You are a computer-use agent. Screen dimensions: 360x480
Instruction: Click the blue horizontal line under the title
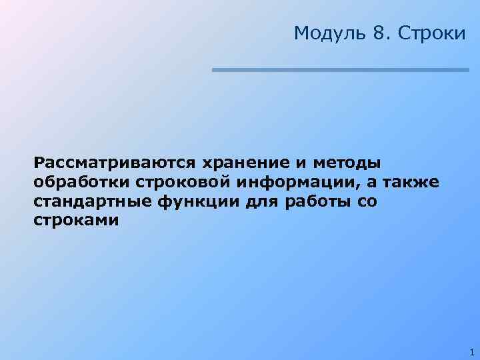click(x=341, y=69)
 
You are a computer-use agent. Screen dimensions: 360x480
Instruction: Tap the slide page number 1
click(x=471, y=351)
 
